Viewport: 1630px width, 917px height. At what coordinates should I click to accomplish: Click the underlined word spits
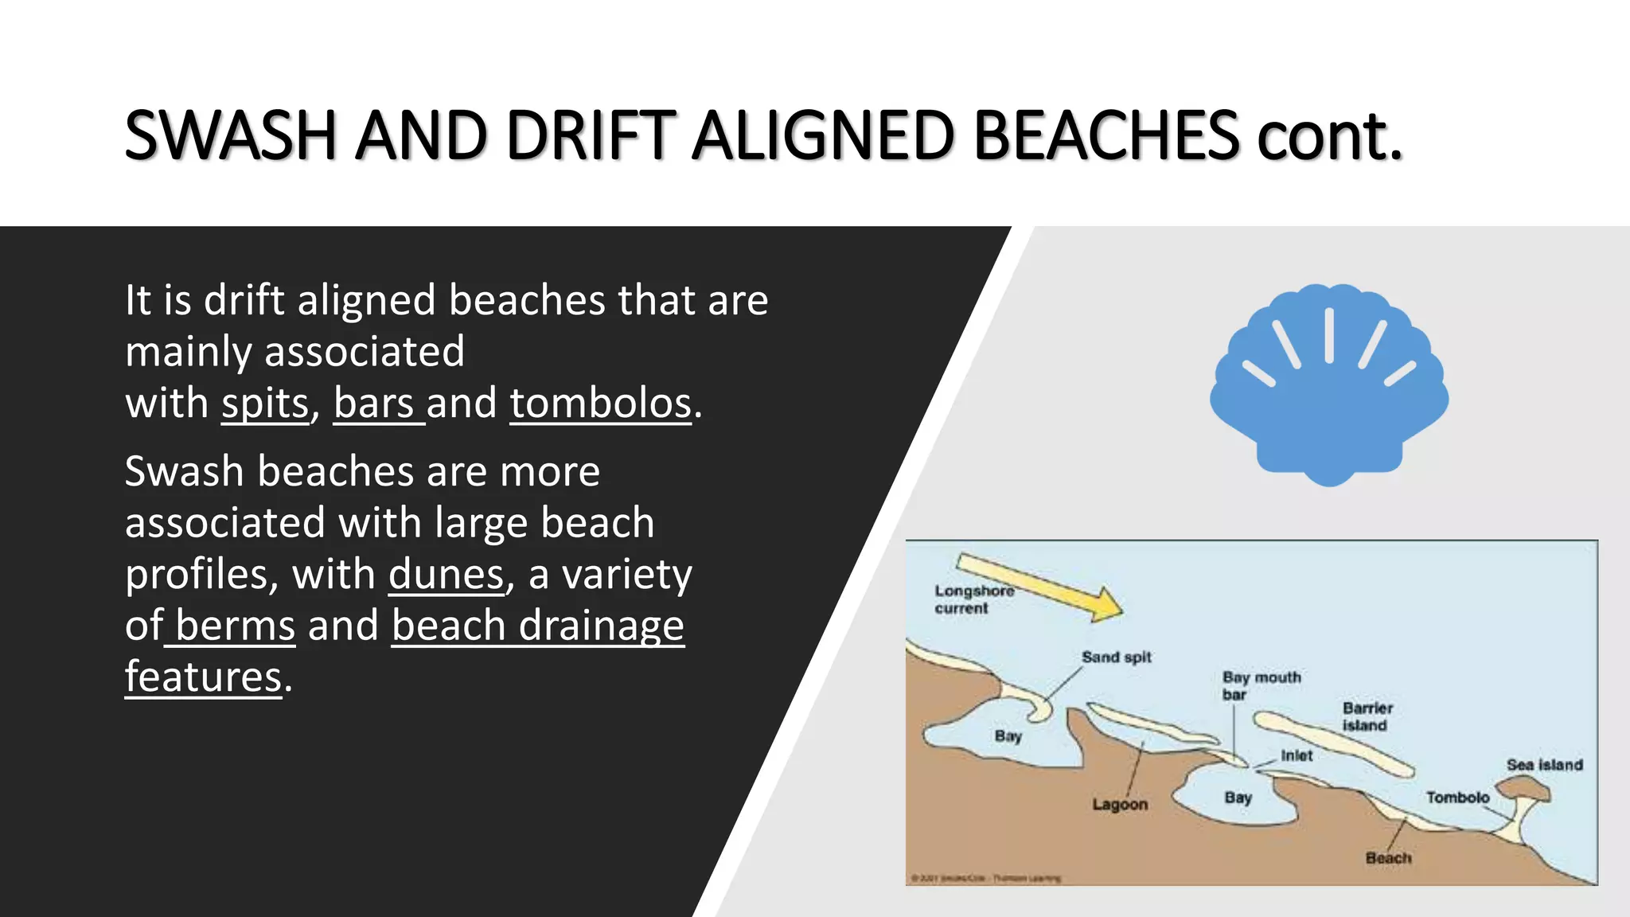264,404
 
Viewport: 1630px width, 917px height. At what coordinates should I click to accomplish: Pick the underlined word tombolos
600,404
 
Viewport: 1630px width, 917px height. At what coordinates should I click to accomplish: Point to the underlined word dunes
446,575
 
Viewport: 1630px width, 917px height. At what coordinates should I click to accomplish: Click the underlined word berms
235,626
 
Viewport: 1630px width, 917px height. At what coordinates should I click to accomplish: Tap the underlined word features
204,677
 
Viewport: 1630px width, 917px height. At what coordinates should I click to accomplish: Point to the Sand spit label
1116,658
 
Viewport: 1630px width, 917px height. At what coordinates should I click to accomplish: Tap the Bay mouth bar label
1260,685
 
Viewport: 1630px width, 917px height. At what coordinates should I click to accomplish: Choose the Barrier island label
1367,716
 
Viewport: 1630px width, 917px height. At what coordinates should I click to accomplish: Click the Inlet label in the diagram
1296,755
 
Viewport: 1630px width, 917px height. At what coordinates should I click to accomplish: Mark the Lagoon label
1119,805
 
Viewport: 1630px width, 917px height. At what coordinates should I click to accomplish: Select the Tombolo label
1456,798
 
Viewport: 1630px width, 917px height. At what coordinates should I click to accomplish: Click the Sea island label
1543,765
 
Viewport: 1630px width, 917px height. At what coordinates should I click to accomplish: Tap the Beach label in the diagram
1387,858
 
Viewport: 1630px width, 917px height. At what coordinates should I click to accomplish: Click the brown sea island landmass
1524,789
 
